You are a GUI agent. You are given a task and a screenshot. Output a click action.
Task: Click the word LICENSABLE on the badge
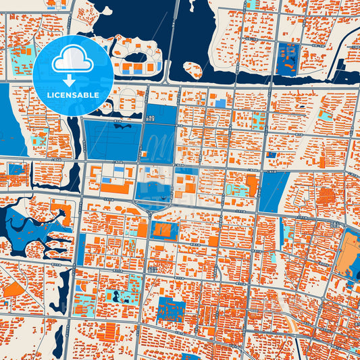72,95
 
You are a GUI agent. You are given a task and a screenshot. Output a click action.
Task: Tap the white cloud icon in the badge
72,61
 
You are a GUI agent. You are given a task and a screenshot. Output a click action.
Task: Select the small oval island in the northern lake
193,70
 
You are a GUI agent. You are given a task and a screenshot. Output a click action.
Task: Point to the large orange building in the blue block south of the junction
163,230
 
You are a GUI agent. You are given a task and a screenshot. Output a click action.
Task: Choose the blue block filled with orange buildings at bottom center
170,309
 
